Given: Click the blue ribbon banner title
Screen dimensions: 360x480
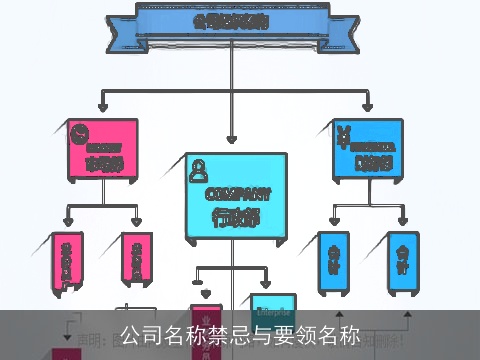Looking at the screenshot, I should click(231, 20).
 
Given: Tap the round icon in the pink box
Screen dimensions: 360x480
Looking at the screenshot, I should click(81, 132).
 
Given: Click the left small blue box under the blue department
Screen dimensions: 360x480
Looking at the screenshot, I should click(332, 261).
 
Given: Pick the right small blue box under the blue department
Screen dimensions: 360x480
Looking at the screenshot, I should click(402, 261).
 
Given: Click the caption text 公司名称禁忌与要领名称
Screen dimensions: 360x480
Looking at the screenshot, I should click(240, 335).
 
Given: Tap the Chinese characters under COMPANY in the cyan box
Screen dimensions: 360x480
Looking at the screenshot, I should click(237, 216).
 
